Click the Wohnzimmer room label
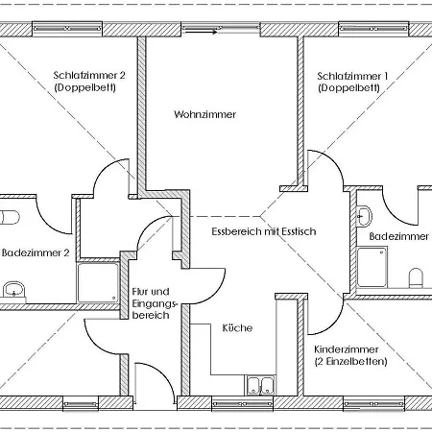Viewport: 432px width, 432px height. [x=204, y=114]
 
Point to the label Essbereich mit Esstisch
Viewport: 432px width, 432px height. [x=263, y=231]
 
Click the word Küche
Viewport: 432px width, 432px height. [x=237, y=328]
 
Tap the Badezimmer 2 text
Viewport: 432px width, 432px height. [x=36, y=253]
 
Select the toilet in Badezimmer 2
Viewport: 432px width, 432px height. [x=10, y=217]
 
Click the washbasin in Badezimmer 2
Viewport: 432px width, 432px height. [x=13, y=288]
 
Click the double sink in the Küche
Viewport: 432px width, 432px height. [x=259, y=386]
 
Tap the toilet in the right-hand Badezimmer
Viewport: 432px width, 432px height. [x=416, y=277]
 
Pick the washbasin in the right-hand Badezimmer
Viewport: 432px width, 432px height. [x=364, y=214]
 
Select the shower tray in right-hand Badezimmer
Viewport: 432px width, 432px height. [x=372, y=267]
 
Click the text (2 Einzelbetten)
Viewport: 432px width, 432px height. [x=350, y=362]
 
